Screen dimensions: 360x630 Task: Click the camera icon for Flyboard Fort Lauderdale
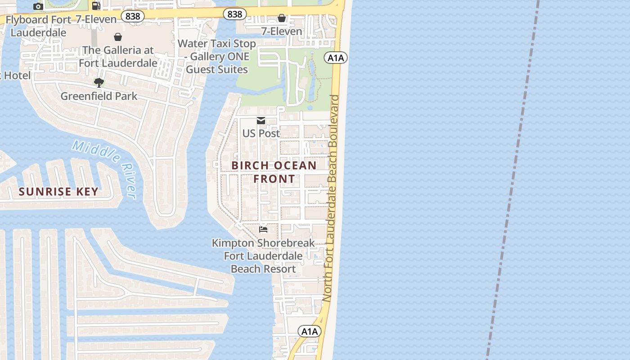tap(38, 6)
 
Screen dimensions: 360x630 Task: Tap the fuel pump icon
tap(96, 5)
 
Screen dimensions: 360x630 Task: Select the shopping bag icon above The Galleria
tap(118, 36)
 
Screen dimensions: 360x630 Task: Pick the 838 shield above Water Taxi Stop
tap(234, 14)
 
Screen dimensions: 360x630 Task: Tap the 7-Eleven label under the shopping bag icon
tap(282, 31)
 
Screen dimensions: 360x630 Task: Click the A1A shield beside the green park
tap(336, 58)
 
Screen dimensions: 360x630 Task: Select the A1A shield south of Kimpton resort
tap(309, 332)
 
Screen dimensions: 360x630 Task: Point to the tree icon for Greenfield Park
tap(99, 82)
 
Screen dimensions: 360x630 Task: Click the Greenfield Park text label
tap(99, 96)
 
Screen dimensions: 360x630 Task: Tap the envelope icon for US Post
tap(261, 120)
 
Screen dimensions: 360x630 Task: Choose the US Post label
tap(261, 133)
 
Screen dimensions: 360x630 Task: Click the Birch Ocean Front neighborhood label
tap(274, 172)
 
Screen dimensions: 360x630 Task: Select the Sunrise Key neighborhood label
tap(58, 192)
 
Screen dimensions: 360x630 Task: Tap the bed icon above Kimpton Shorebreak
tap(263, 229)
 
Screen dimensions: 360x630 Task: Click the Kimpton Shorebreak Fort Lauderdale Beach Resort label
tap(263, 256)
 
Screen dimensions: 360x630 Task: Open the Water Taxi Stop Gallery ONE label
tap(217, 56)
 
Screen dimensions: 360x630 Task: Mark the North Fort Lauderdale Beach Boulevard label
tap(333, 198)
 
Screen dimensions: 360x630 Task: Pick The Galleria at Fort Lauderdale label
tap(118, 56)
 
